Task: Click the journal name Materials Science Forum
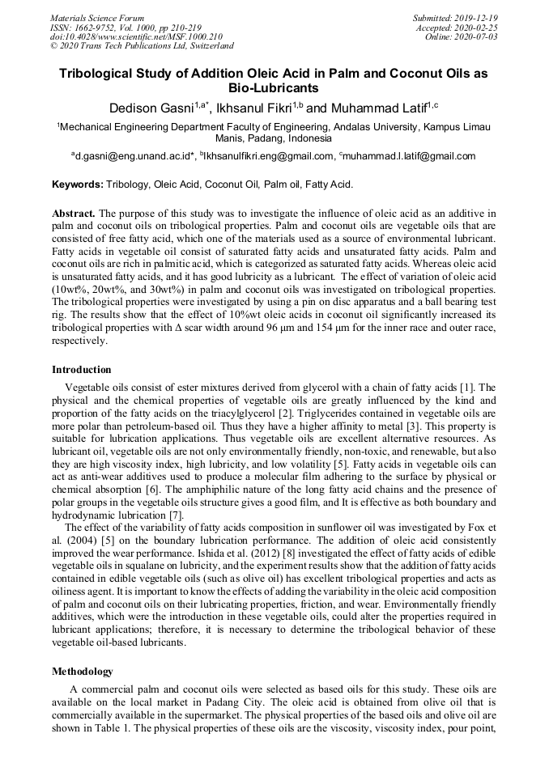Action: pos(97,18)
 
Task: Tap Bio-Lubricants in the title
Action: pos(274,88)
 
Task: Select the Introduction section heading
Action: pos(82,369)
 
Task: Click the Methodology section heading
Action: pos(83,672)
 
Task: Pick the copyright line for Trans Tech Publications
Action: pos(142,47)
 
